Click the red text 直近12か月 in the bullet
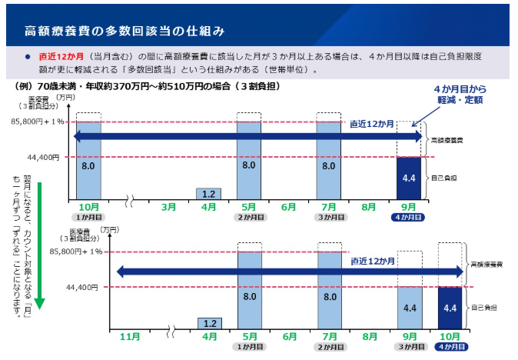coord(61,56)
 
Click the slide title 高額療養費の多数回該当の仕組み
coord(125,31)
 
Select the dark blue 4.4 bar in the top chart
coord(409,178)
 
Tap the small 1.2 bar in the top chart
coord(208,194)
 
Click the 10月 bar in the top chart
coord(88,161)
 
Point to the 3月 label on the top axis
coord(168,207)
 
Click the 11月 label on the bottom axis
coord(130,337)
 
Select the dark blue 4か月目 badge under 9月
coord(408,217)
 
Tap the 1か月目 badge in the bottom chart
coord(250,347)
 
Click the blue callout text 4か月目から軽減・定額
coord(460,94)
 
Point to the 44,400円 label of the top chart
coord(43,158)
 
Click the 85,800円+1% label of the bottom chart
coord(76,252)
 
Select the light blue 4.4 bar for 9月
coord(410,308)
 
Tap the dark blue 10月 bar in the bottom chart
coord(450,308)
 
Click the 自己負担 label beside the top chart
coord(443,178)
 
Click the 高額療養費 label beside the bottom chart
coord(486,265)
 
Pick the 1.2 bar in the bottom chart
coord(210,324)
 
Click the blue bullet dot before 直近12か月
coord(28,57)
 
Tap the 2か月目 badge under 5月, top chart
coord(251,217)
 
